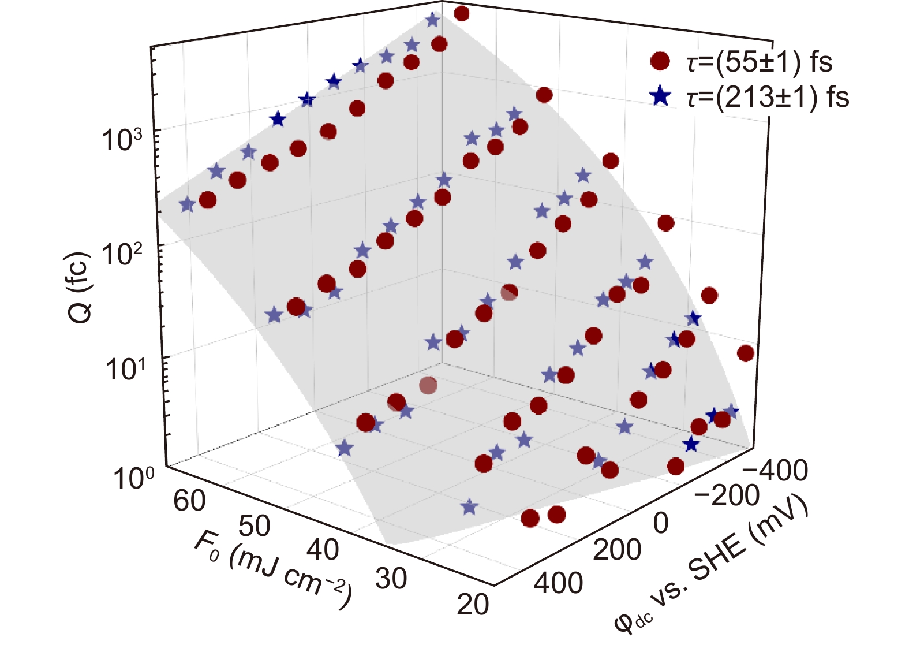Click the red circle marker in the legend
[660, 61]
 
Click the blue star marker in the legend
[660, 96]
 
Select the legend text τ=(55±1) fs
[760, 61]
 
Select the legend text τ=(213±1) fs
[768, 96]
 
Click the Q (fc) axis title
[80, 288]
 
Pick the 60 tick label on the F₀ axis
[189, 500]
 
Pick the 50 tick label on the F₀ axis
[255, 526]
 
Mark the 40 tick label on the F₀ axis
[322, 549]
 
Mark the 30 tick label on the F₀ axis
[391, 578]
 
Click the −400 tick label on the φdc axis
[775, 471]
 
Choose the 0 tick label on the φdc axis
[661, 523]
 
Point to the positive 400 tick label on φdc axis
[558, 583]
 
